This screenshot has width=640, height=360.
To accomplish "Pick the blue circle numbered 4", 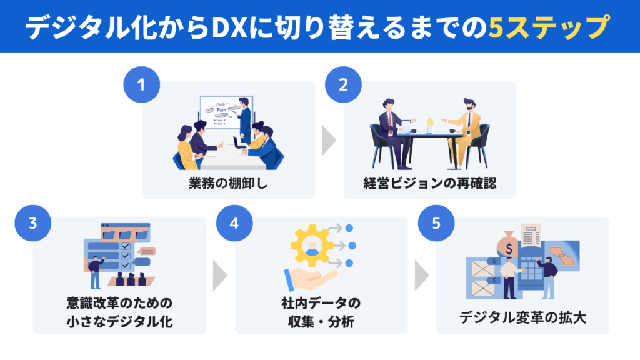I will pos(234,222).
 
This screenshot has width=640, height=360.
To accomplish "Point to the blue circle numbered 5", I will pos(435,222).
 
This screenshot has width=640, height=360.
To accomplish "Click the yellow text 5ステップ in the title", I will pos(548,27).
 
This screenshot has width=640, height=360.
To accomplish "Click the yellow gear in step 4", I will pos(312,246).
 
